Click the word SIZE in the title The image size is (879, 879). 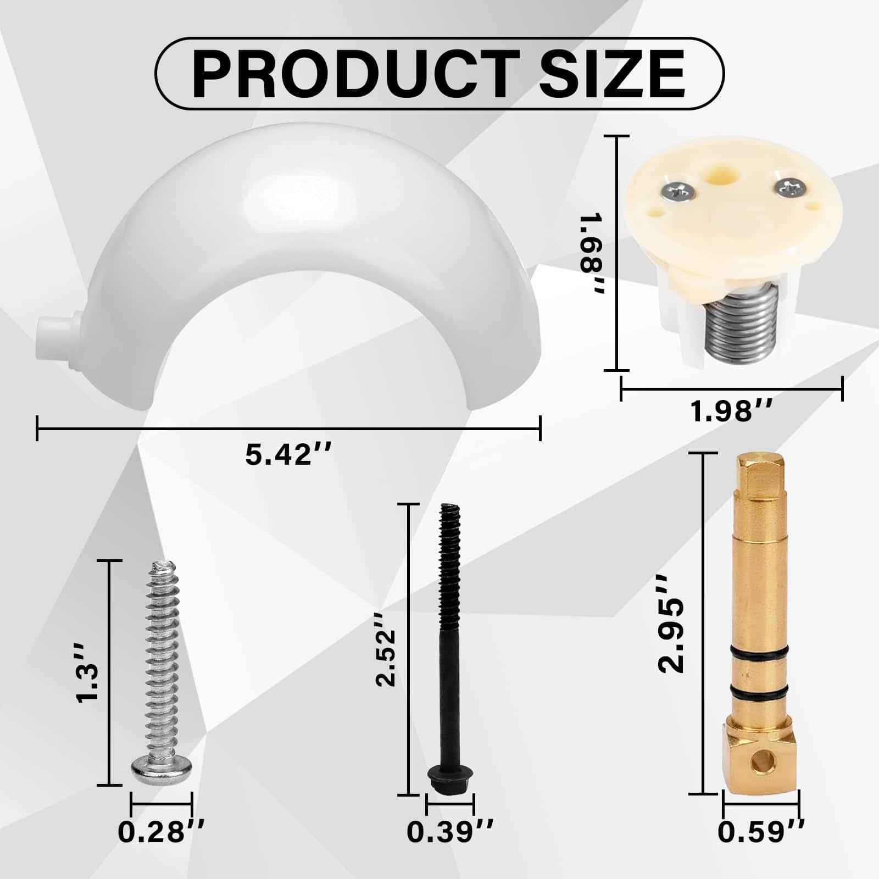coord(610,74)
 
